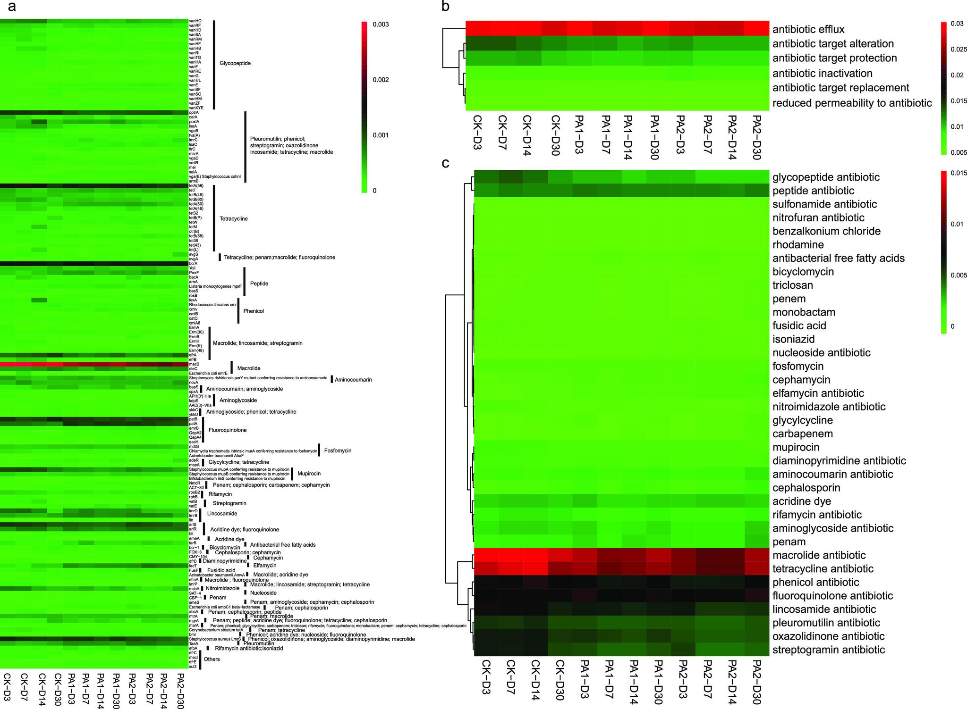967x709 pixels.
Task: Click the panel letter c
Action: (444, 164)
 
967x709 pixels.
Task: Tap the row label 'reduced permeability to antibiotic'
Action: (852, 103)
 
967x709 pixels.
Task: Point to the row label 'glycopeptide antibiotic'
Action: (826, 177)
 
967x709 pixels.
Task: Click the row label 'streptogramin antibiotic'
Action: (829, 650)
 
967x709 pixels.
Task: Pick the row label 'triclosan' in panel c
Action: (793, 285)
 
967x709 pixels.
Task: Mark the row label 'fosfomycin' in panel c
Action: (798, 367)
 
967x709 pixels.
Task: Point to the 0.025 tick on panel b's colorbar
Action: (959, 50)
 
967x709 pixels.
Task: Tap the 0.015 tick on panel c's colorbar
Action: (959, 173)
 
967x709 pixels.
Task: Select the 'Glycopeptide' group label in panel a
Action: (235, 63)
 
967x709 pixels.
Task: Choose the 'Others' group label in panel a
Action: (212, 659)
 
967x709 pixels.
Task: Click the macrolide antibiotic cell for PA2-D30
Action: (756, 555)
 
